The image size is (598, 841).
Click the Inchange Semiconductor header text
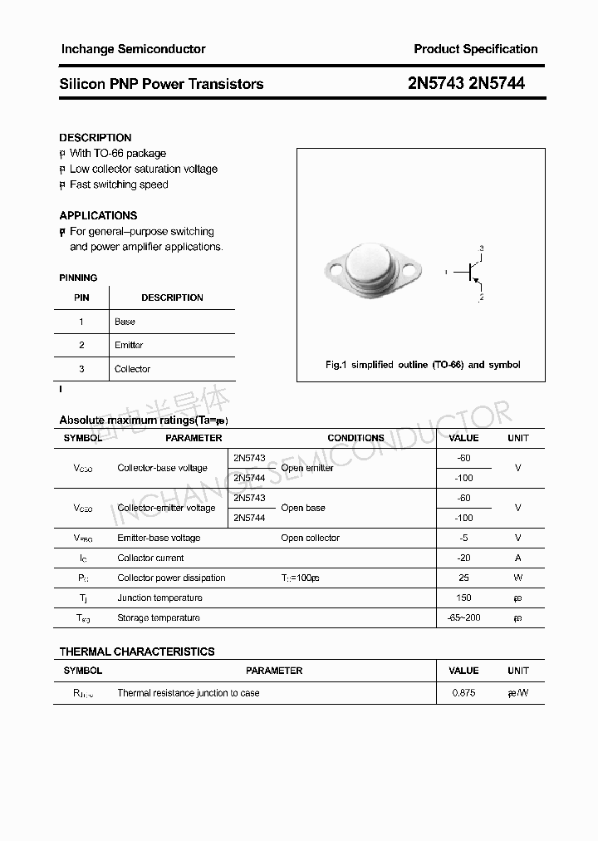(x=133, y=49)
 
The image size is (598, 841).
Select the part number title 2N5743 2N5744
(x=467, y=84)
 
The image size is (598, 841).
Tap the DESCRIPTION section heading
(x=96, y=138)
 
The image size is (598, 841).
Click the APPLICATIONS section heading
(x=98, y=215)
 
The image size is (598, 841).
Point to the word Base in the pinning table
(x=125, y=322)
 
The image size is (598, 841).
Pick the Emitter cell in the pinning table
(x=129, y=345)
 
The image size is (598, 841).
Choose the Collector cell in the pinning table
(x=132, y=369)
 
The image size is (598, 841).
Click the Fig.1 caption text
(x=422, y=365)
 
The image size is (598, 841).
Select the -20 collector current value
(x=463, y=558)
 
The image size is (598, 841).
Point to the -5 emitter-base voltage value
(x=463, y=538)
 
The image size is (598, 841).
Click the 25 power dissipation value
(x=463, y=578)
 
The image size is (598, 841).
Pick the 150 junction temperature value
(x=463, y=598)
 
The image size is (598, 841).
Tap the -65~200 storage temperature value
(x=463, y=617)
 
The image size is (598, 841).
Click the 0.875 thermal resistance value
(x=463, y=692)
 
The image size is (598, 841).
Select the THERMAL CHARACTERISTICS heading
(x=137, y=652)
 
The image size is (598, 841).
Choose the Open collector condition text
(x=310, y=538)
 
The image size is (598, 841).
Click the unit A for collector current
(x=517, y=558)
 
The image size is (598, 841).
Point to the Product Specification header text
(x=476, y=49)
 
